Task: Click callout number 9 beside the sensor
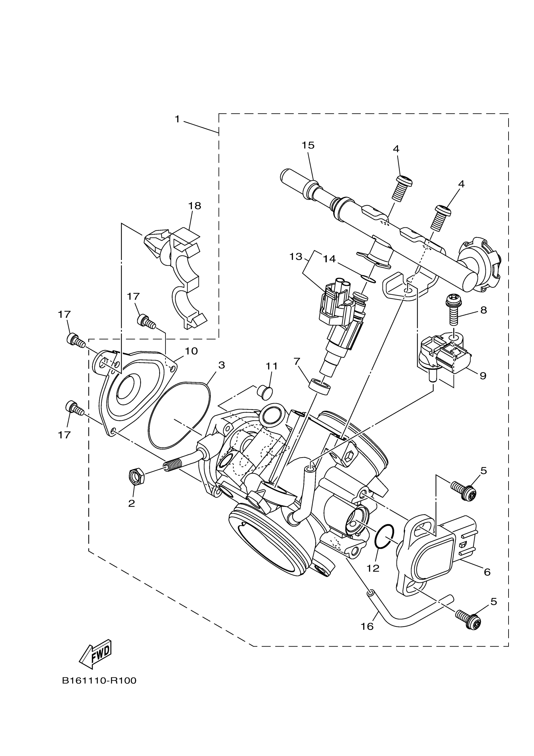[x=483, y=376]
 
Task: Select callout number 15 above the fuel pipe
[x=308, y=145]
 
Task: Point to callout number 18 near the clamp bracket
[x=194, y=206]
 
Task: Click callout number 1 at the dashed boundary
[x=177, y=119]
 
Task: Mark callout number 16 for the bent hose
[x=367, y=626]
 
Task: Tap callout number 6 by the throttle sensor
[x=487, y=572]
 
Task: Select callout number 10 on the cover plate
[x=191, y=351]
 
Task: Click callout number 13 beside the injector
[x=296, y=257]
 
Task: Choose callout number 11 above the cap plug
[x=272, y=366]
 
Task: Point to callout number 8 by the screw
[x=483, y=310]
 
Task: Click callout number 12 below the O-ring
[x=373, y=568]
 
